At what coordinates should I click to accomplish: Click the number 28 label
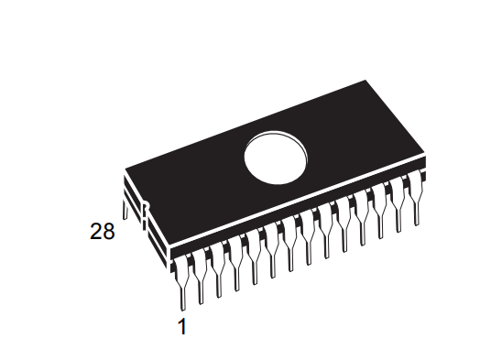click(103, 232)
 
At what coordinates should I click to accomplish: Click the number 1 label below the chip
click(181, 325)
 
